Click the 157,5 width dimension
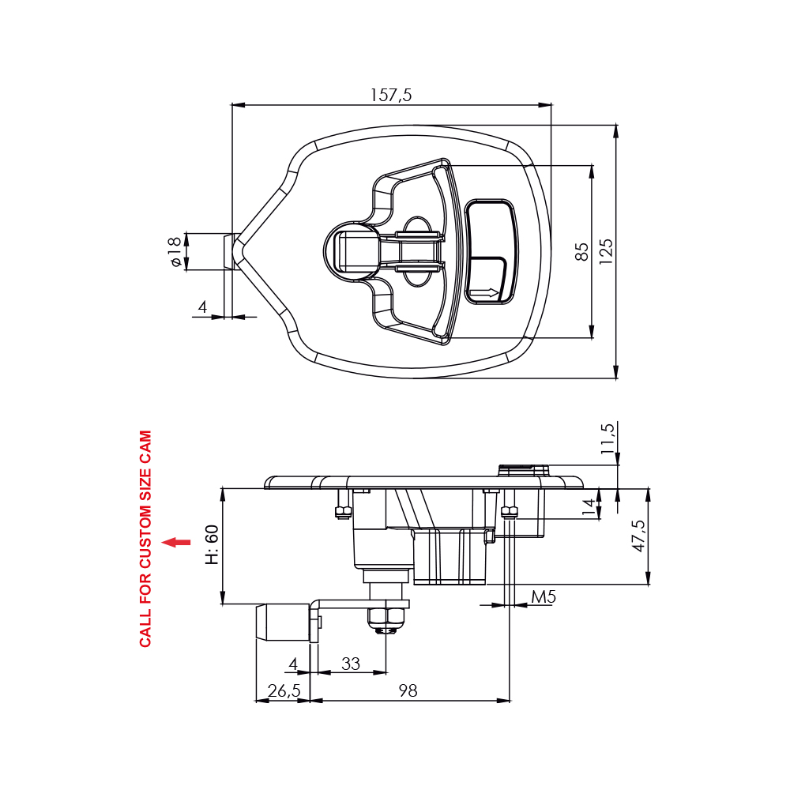coord(391,95)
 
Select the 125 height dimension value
coord(606,251)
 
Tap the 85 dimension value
coord(581,251)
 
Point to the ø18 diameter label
coord(175,251)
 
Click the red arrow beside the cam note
coord(176,542)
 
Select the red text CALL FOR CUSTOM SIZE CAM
coord(145,539)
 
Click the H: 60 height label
coord(212,544)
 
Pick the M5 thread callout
coord(544,597)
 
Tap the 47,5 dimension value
coord(638,536)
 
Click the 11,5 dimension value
coord(608,438)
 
